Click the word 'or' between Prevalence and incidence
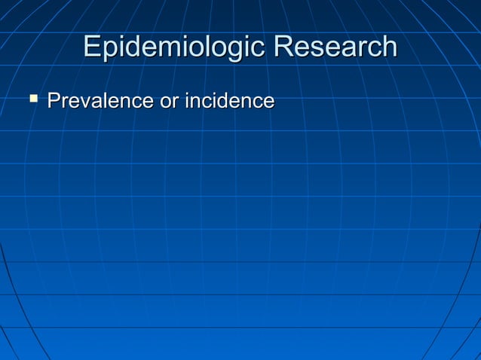[167, 101]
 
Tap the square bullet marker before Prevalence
[32, 98]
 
